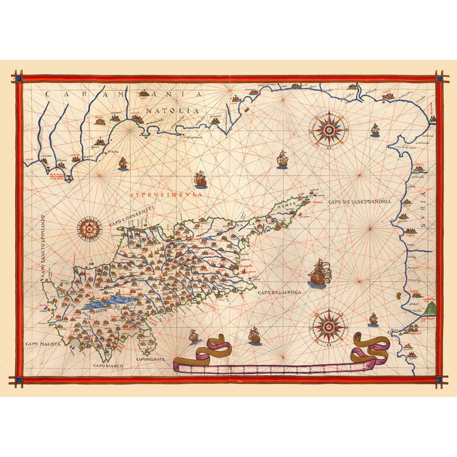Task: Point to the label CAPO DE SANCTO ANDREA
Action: coord(362,202)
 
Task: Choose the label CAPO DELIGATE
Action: coord(150,359)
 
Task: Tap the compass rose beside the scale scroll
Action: coord(328,326)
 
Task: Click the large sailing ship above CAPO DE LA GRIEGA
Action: coord(319,273)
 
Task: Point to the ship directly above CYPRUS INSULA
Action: coord(201,180)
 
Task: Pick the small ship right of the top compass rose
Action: coord(375,130)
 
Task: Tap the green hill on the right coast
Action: coord(432,309)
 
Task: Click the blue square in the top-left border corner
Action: coord(19,79)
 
